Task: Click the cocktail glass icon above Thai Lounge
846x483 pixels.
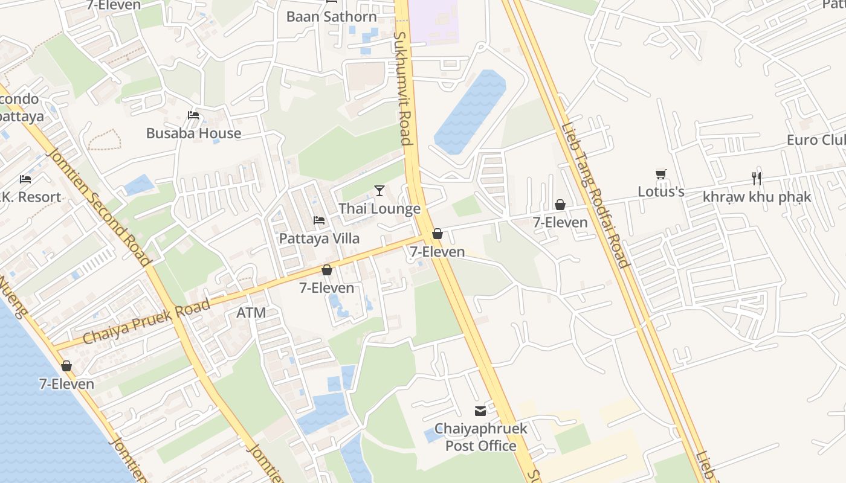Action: pos(379,191)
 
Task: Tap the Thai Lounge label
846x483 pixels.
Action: pos(379,209)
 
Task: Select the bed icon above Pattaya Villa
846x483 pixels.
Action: pos(319,220)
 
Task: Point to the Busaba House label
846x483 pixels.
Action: pos(193,133)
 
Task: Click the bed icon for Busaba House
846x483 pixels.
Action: pos(193,115)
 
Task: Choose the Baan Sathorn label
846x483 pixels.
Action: pos(331,16)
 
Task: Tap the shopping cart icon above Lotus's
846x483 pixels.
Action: pos(661,174)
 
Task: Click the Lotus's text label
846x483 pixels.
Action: pos(661,192)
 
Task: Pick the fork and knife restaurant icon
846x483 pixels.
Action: pos(756,178)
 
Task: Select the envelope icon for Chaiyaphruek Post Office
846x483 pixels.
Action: pos(480,411)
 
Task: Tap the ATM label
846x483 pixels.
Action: pos(251,313)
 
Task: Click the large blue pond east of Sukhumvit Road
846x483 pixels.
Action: pos(470,112)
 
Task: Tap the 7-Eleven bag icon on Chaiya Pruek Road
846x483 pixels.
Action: pos(327,270)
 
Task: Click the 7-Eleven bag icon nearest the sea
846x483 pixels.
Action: pos(66,366)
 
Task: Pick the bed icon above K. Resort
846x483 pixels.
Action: pos(25,179)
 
